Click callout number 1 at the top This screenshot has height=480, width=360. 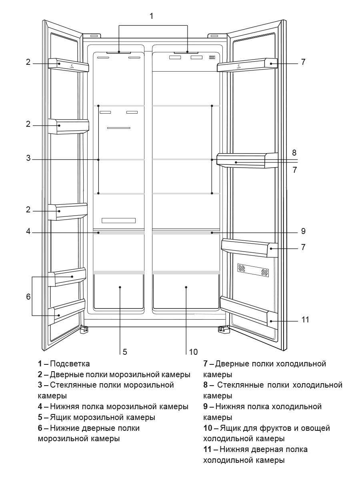[x=151, y=16]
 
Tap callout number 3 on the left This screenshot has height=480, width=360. [x=28, y=158]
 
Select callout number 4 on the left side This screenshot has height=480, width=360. [x=28, y=231]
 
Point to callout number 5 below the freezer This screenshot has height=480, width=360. [x=125, y=352]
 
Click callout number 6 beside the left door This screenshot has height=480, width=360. [x=28, y=297]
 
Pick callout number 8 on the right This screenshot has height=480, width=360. [x=294, y=152]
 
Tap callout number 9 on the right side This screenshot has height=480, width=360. [x=303, y=231]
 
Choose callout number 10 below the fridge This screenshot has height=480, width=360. [x=193, y=352]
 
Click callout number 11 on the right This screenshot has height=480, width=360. [x=306, y=320]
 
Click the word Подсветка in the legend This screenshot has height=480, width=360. [x=70, y=364]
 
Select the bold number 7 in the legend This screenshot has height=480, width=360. [x=206, y=364]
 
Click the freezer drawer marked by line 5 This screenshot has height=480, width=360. [x=119, y=291]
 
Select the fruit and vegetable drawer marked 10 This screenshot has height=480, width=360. [x=186, y=291]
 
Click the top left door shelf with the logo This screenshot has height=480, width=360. [x=68, y=65]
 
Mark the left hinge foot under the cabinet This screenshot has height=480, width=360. [x=84, y=330]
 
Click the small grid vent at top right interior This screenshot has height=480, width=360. [x=212, y=58]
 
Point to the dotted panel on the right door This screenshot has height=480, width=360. [x=253, y=270]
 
